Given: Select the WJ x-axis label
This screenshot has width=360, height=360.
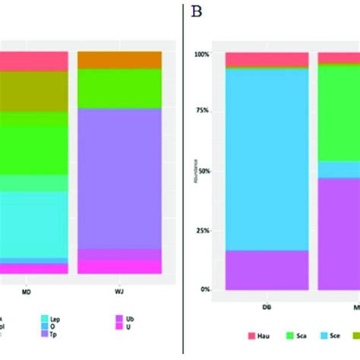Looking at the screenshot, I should (x=119, y=288).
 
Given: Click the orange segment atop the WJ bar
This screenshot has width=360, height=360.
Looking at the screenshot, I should (x=119, y=60).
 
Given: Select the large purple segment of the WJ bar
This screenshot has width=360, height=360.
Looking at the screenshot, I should (x=119, y=178).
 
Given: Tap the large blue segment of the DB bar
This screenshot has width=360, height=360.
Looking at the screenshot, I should (x=267, y=159).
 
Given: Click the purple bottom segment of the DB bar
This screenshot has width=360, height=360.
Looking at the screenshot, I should (x=267, y=270).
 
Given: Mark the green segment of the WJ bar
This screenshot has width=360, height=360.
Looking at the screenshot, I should (x=119, y=88).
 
